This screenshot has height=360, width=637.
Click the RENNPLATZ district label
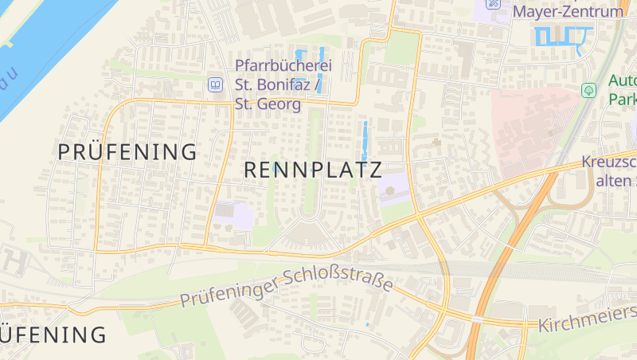312,170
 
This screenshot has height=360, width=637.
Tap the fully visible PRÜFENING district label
127,151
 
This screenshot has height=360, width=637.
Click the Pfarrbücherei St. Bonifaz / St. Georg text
283,84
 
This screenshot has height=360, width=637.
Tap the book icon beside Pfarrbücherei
214,84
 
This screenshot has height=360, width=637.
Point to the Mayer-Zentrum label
568,12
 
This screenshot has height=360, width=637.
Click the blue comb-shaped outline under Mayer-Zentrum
563,36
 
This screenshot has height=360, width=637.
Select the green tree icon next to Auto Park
588,90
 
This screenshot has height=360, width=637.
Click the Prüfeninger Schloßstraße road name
287,290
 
